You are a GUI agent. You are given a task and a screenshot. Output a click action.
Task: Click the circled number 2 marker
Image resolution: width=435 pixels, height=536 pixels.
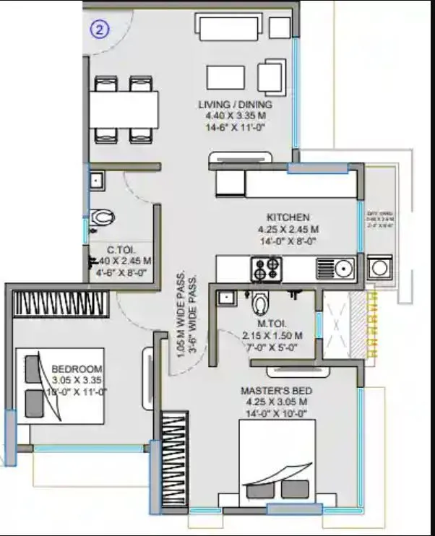(x=100, y=30)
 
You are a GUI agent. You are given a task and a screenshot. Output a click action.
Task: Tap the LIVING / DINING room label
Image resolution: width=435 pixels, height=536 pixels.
(x=235, y=105)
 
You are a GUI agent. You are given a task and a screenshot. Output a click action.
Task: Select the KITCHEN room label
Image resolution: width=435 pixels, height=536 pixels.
(x=288, y=217)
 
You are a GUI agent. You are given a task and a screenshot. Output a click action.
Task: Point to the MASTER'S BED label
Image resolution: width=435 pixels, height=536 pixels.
(x=274, y=391)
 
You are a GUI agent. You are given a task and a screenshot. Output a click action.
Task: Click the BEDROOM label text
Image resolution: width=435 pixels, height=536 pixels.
(x=77, y=370)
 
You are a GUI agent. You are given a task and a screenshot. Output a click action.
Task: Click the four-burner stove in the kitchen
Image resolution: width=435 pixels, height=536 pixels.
(x=264, y=269)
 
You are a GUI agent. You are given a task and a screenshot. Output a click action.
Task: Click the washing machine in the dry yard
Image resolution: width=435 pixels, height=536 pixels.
(x=379, y=269)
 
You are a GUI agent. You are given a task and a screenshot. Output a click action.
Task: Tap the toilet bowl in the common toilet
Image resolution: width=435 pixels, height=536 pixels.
(x=104, y=216)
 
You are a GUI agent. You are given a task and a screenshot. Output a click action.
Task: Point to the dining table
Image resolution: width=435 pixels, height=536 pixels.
(x=124, y=109)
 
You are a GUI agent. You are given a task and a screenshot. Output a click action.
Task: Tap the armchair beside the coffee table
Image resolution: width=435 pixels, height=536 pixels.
(x=271, y=77)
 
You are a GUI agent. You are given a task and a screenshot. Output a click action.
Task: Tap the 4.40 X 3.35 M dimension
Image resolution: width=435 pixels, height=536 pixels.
(x=235, y=115)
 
